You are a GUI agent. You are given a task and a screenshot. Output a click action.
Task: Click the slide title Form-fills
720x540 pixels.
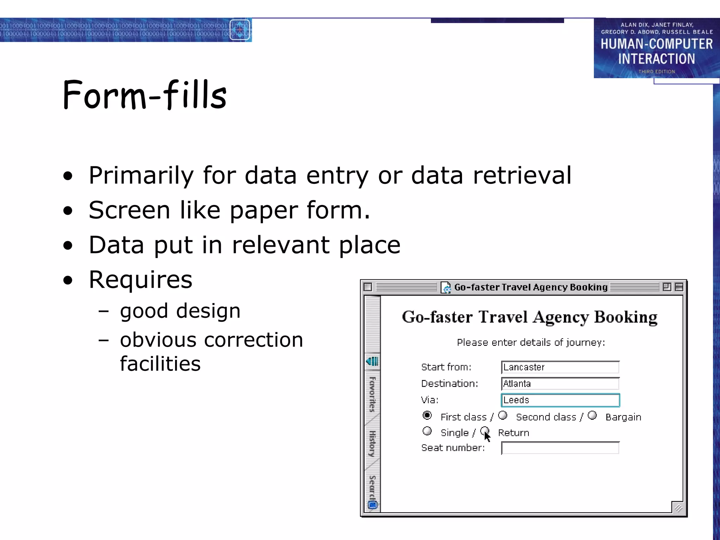click(x=144, y=95)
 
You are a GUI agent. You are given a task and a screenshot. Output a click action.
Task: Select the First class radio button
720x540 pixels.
click(x=427, y=416)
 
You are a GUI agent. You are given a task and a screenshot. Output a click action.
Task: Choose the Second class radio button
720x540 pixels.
click(x=503, y=416)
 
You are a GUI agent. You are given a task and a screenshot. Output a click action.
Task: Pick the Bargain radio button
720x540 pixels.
click(x=592, y=416)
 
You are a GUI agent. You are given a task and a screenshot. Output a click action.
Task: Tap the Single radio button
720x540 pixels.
click(x=427, y=431)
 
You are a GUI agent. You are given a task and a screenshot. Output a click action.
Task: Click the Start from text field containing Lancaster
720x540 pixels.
click(x=560, y=367)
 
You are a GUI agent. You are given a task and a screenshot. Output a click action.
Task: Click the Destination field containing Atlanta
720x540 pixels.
click(x=560, y=384)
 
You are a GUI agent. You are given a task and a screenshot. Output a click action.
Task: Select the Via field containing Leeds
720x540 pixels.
click(x=560, y=400)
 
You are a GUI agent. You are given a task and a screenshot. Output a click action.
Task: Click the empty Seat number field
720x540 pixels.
click(x=560, y=448)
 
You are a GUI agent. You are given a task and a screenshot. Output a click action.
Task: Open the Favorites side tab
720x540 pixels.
click(x=372, y=394)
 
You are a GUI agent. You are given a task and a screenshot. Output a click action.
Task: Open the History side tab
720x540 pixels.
click(x=372, y=444)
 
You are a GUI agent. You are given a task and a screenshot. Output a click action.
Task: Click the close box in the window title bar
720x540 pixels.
click(x=368, y=287)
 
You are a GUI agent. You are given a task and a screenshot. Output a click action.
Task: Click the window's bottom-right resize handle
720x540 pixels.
click(x=678, y=508)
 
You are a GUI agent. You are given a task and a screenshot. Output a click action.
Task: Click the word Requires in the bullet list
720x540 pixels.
click(x=141, y=280)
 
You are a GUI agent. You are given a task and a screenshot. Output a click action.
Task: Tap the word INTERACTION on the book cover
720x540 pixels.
click(x=656, y=59)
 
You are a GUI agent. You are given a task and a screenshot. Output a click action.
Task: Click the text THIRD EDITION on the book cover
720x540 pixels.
click(x=656, y=72)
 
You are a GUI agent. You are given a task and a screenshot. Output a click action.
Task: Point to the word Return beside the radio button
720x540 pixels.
click(x=513, y=433)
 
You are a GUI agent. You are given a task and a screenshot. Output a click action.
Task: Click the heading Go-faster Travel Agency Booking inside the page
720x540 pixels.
click(x=529, y=317)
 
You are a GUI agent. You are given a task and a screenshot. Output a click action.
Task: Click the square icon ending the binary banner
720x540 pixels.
click(x=240, y=30)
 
